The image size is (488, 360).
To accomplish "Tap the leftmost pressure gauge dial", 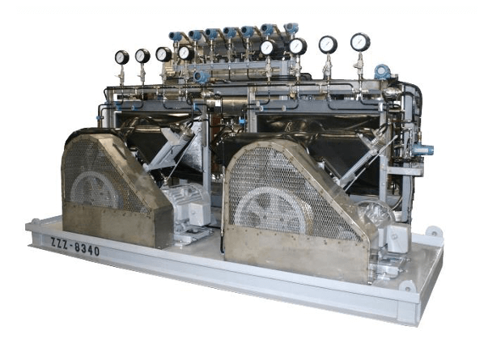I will pos(121,57).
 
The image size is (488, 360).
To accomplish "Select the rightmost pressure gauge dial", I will pos(359,41).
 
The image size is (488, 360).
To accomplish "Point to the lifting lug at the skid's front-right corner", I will pos(406,286).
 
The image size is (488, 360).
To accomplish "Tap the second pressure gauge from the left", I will pos(142,55).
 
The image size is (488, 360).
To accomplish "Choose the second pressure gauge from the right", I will pos(328,44).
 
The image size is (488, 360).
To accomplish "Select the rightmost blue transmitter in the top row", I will pos(290,28).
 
